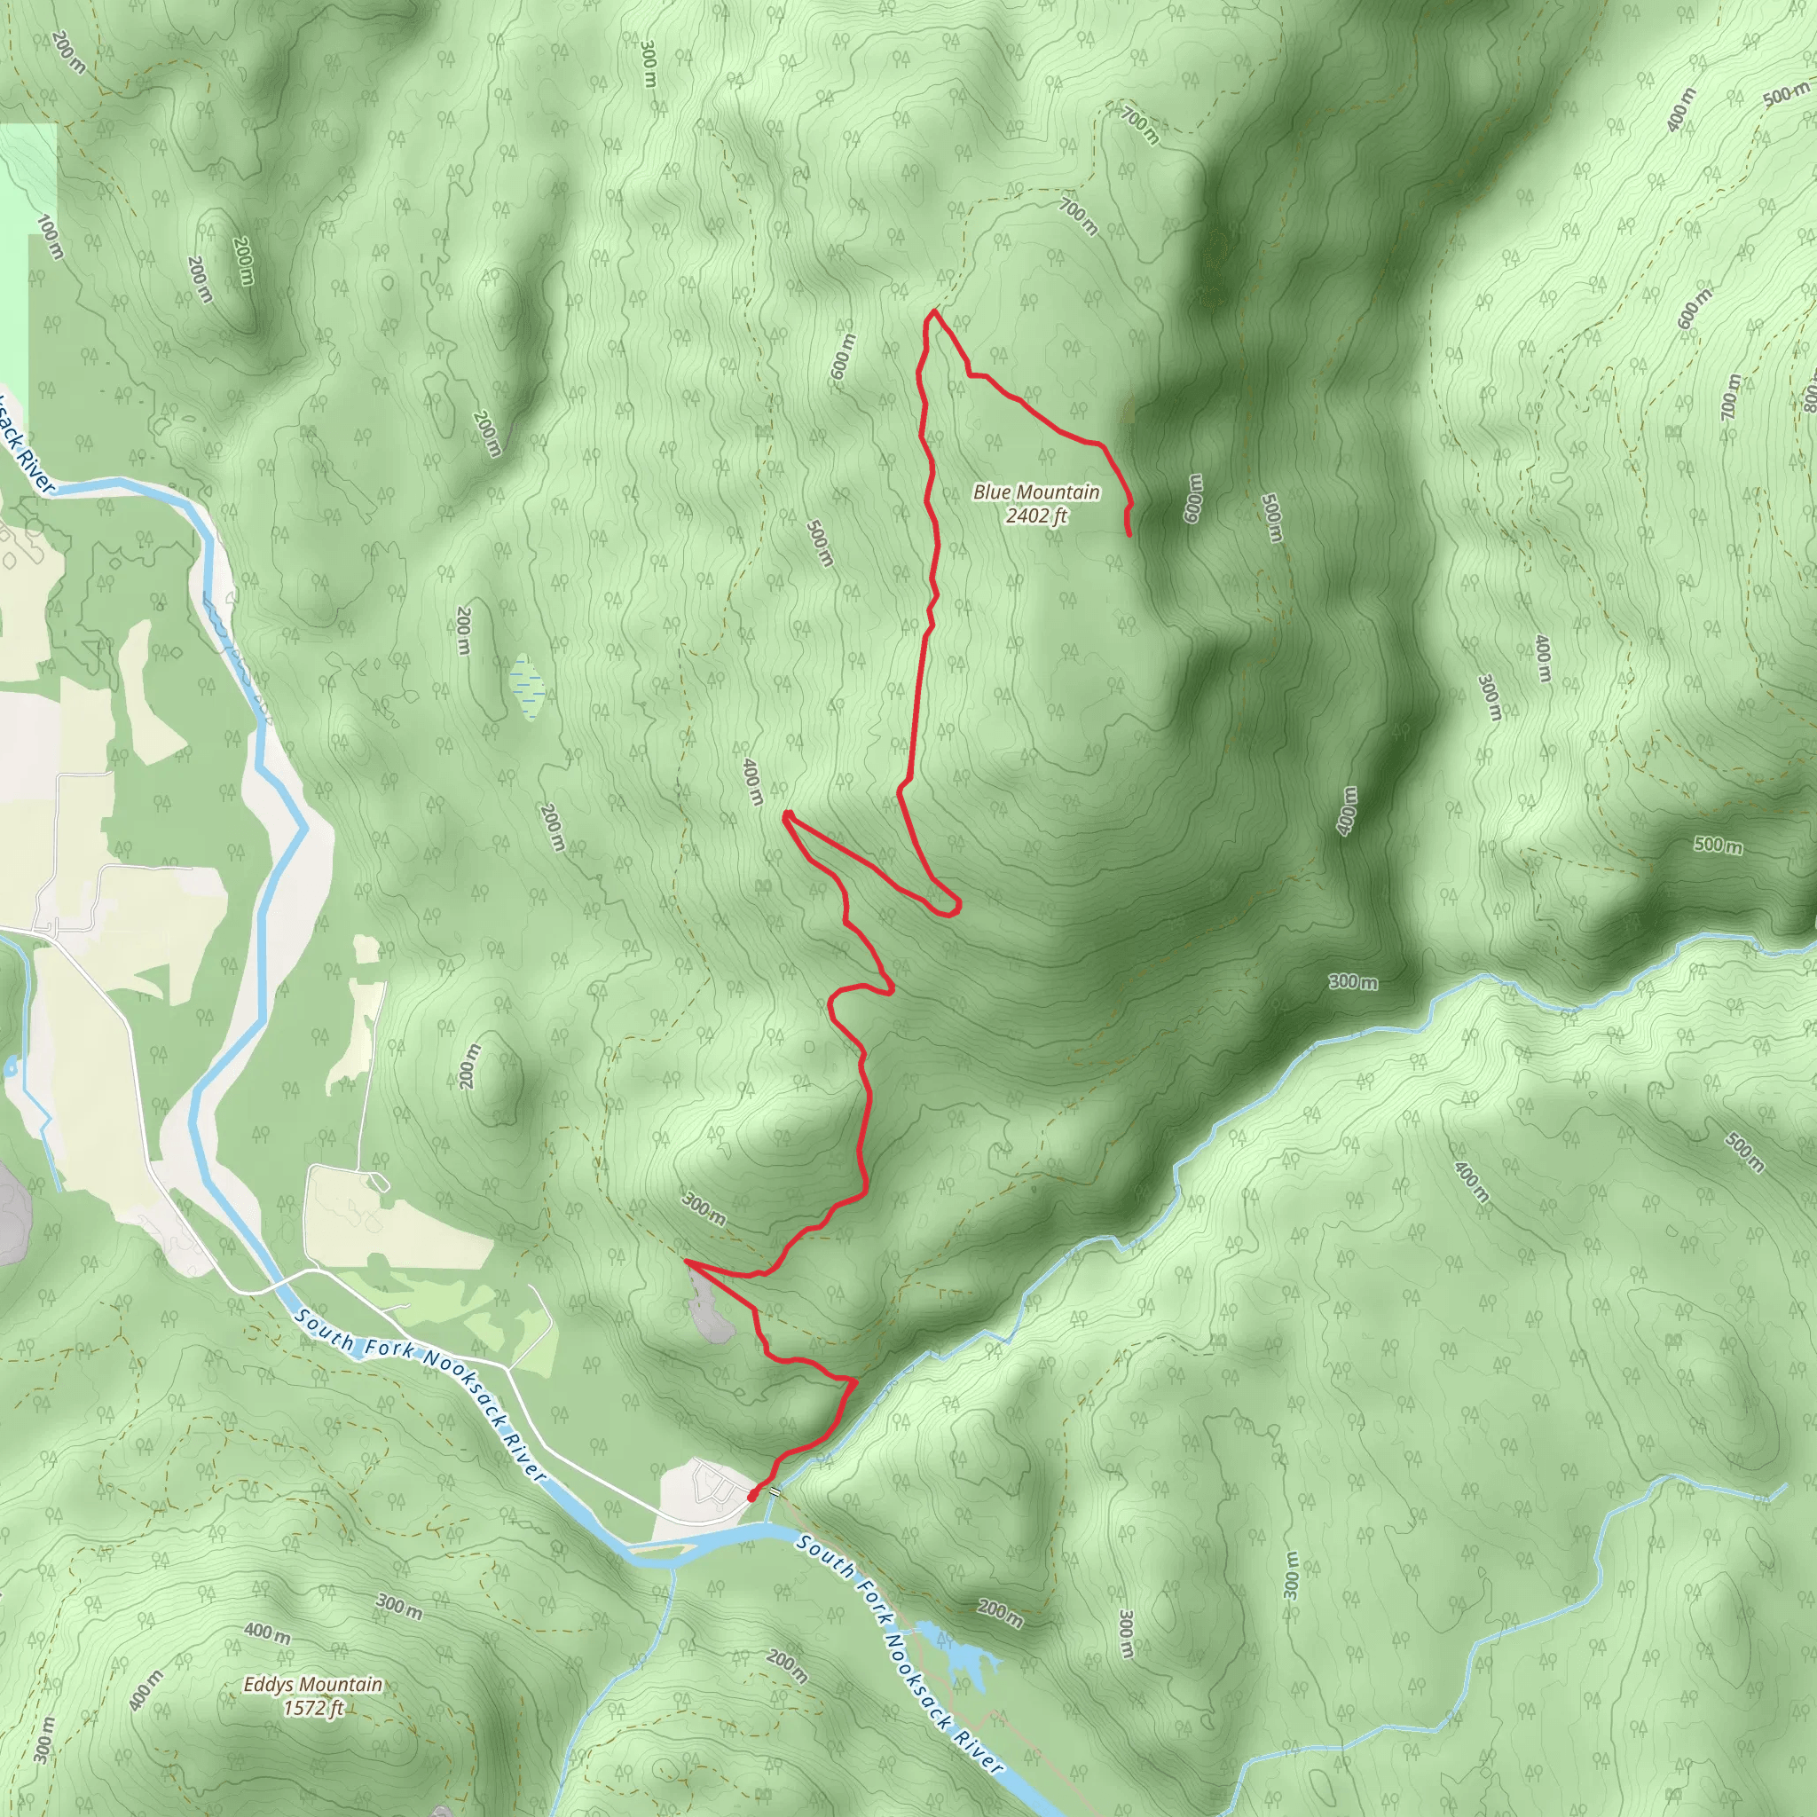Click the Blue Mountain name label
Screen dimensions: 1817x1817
(1035, 492)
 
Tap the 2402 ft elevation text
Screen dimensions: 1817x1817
(1036, 515)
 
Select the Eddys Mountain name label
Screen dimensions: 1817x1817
(312, 1685)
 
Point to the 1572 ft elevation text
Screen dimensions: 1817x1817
(312, 1707)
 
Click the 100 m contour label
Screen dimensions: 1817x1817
(50, 237)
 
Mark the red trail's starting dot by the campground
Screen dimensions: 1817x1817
(752, 1494)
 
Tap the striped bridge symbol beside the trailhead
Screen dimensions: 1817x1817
(773, 1491)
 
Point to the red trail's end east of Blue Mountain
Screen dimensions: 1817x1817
(1129, 534)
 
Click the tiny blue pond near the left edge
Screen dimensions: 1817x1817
(12, 1066)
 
